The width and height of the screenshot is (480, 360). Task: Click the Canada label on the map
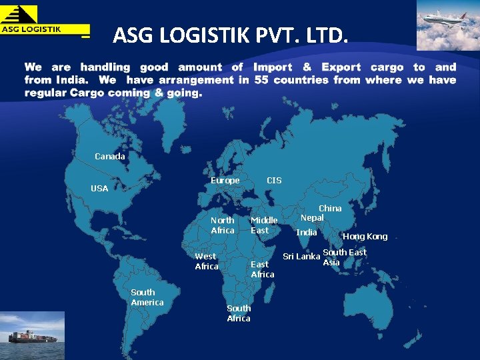click(x=109, y=157)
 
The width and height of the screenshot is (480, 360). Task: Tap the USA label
click(x=99, y=189)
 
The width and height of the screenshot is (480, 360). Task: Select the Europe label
click(x=225, y=181)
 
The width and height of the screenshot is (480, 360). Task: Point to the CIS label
click(x=274, y=181)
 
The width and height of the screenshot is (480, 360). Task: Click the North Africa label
click(x=223, y=225)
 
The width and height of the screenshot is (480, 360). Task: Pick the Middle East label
click(x=264, y=225)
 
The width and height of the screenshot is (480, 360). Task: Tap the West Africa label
click(x=206, y=261)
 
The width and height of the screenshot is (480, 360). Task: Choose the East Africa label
click(x=262, y=269)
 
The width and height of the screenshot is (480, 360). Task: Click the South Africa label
click(x=239, y=313)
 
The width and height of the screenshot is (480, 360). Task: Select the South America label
click(x=147, y=297)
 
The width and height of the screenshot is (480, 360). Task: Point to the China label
click(x=330, y=209)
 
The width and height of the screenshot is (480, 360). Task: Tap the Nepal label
click(x=312, y=218)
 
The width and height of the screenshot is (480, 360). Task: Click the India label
click(x=306, y=233)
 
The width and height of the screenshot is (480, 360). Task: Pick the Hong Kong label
click(x=365, y=237)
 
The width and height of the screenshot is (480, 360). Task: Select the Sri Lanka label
click(x=301, y=257)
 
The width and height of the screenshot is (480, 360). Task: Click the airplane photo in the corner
click(x=447, y=25)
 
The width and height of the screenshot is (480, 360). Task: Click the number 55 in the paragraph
click(x=261, y=80)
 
